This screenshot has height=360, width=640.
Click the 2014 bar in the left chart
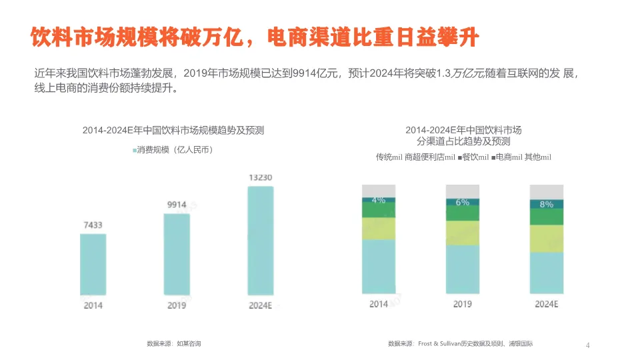(x=93, y=264)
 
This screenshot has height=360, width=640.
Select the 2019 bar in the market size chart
(x=177, y=254)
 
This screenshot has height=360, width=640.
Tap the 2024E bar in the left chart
(x=260, y=240)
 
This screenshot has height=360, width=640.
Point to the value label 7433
(x=93, y=225)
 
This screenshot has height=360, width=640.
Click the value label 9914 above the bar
(x=177, y=205)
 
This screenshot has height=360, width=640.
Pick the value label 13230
(x=260, y=178)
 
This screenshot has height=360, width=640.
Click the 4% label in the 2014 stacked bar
(x=379, y=199)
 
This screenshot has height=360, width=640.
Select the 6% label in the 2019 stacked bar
(x=462, y=202)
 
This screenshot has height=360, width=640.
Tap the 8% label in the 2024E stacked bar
(x=546, y=204)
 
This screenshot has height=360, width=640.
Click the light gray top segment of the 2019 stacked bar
(x=462, y=191)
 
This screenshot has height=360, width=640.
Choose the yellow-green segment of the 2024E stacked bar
(x=546, y=238)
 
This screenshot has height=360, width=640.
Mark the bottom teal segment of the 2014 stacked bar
(x=379, y=266)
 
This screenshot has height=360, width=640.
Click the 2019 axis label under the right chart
(x=462, y=304)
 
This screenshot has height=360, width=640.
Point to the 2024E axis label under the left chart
(x=260, y=305)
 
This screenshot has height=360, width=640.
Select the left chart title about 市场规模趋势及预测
(x=173, y=131)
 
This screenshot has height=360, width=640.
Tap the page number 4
(x=587, y=345)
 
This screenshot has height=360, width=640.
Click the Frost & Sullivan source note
(x=460, y=343)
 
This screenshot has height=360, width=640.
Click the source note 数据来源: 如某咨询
(x=173, y=343)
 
